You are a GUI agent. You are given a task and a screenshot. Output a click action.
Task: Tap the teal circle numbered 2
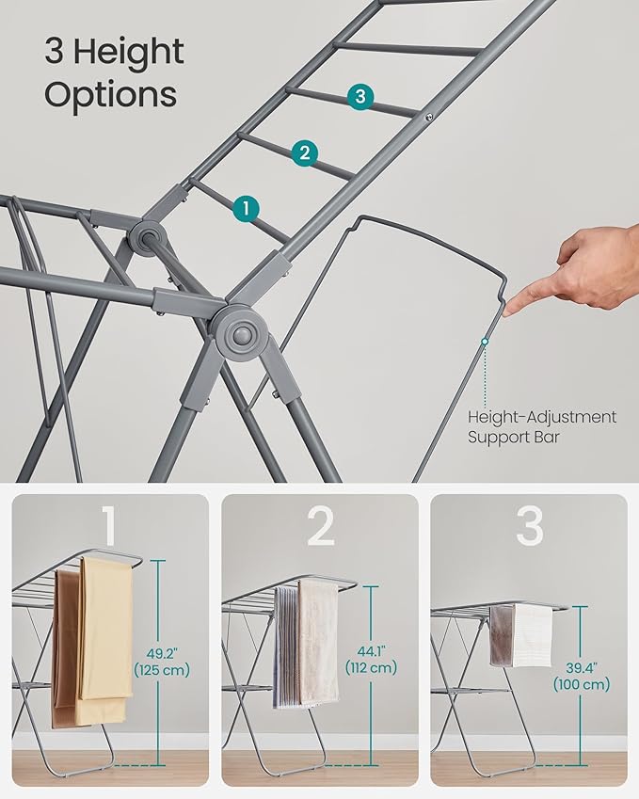[303, 152]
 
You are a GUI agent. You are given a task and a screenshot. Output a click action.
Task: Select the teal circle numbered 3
[359, 96]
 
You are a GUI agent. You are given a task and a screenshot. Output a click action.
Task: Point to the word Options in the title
[110, 94]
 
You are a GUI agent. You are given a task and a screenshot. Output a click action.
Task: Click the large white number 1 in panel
[110, 528]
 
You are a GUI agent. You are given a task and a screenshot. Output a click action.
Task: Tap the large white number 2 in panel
[320, 528]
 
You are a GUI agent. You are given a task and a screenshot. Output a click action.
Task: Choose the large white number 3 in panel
[529, 528]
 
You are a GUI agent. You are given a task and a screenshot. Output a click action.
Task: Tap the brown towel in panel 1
[65, 649]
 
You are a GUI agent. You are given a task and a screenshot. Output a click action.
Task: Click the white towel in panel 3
[534, 634]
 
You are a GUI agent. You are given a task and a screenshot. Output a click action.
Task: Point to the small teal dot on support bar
[485, 343]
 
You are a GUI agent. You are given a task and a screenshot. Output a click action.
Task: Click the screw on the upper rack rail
[428, 118]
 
